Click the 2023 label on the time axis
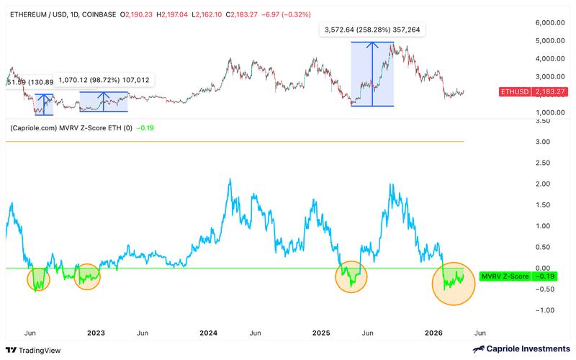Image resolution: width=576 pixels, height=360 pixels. coord(96,333)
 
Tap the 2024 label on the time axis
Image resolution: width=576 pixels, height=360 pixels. coord(209,333)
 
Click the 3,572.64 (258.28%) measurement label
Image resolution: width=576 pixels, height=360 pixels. coord(373,30)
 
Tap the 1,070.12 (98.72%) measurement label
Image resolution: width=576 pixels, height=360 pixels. coord(104,80)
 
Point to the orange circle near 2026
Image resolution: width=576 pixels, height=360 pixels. coord(454,283)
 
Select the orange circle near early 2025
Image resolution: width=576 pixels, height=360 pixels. coord(351,276)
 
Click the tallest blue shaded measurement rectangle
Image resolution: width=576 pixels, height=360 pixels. coord(372,73)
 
